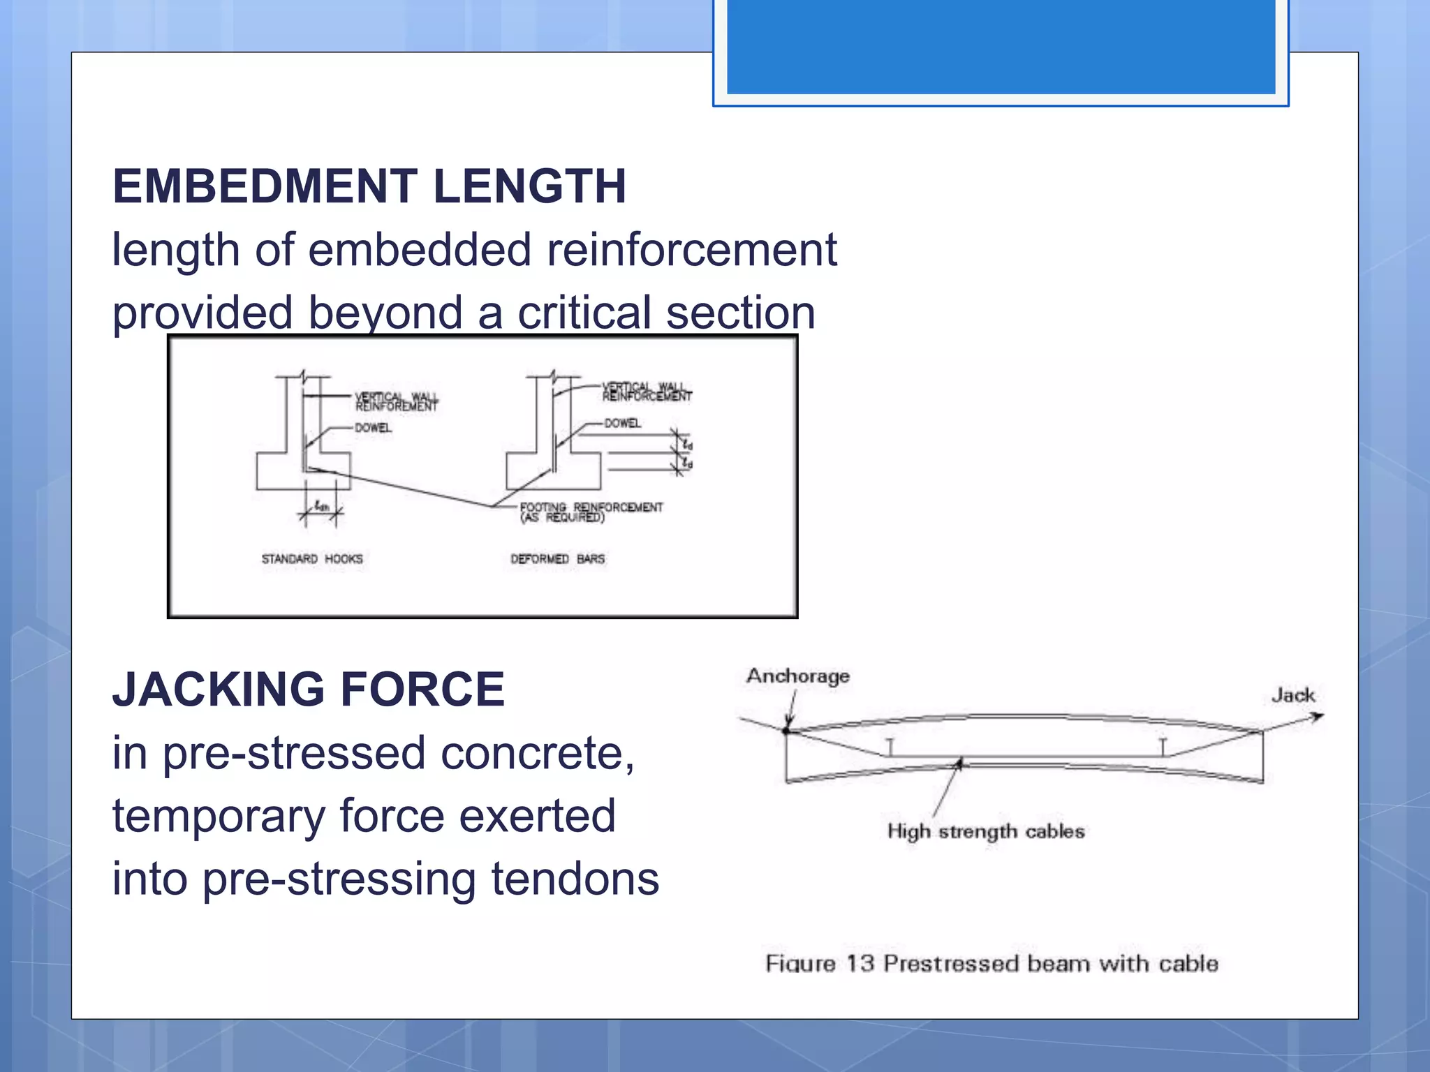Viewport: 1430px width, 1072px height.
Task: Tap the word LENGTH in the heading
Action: pos(529,186)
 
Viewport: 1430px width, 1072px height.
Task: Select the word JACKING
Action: pos(219,690)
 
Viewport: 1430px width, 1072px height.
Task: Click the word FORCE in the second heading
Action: pos(422,690)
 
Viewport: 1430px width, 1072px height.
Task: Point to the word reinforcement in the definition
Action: pos(691,250)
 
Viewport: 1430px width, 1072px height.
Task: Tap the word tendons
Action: pos(575,879)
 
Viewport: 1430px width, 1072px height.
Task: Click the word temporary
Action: pos(219,817)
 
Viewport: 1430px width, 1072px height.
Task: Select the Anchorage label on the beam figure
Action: pos(798,676)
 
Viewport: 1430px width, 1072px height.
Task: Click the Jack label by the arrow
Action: pos(1292,695)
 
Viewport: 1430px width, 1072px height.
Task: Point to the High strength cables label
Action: pos(986,831)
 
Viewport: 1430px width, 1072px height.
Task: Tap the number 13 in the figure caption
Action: pos(860,964)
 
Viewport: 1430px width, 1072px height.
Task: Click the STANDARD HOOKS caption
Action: pos(312,559)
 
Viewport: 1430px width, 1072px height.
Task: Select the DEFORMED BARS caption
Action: pos(557,559)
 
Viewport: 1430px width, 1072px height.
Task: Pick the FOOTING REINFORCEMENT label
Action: pos(591,508)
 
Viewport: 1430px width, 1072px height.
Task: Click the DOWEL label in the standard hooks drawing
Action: pos(373,428)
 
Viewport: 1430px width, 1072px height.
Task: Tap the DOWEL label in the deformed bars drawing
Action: pos(622,423)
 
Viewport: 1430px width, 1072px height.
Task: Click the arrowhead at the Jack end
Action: pos(1317,717)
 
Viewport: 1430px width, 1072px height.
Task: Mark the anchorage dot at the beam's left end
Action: pos(786,731)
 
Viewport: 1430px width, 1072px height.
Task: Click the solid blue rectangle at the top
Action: pos(1001,46)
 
